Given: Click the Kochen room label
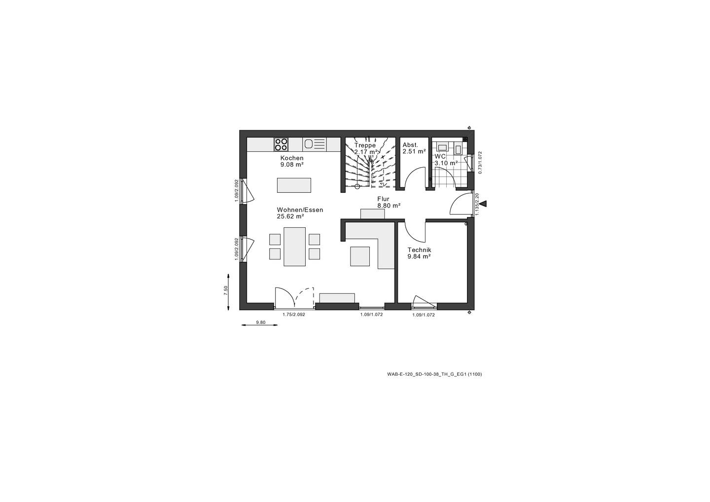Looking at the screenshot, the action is [292, 158].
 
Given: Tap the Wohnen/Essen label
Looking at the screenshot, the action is [300, 210].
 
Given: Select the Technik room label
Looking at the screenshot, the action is [419, 250].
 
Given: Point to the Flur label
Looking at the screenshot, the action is [383, 199].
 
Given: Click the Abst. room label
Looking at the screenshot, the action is [410, 145].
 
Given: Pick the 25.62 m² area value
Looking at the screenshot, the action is [290, 216].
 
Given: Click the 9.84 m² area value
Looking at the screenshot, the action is [419, 256].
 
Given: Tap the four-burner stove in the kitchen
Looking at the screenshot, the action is [281, 144].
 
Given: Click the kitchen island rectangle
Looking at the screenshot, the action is [294, 185].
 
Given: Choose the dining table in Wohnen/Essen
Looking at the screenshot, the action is [295, 247].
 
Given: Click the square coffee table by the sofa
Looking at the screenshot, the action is [360, 256].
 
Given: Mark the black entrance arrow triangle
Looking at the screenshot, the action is [483, 204].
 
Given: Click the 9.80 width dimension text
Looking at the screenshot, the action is [260, 323].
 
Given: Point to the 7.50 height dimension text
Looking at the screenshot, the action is [226, 290].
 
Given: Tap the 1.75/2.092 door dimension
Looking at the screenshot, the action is [294, 315].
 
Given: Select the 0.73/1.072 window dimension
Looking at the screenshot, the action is [480, 162].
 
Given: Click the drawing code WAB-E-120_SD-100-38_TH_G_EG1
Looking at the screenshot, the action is [427, 374].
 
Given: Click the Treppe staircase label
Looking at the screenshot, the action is [365, 145].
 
